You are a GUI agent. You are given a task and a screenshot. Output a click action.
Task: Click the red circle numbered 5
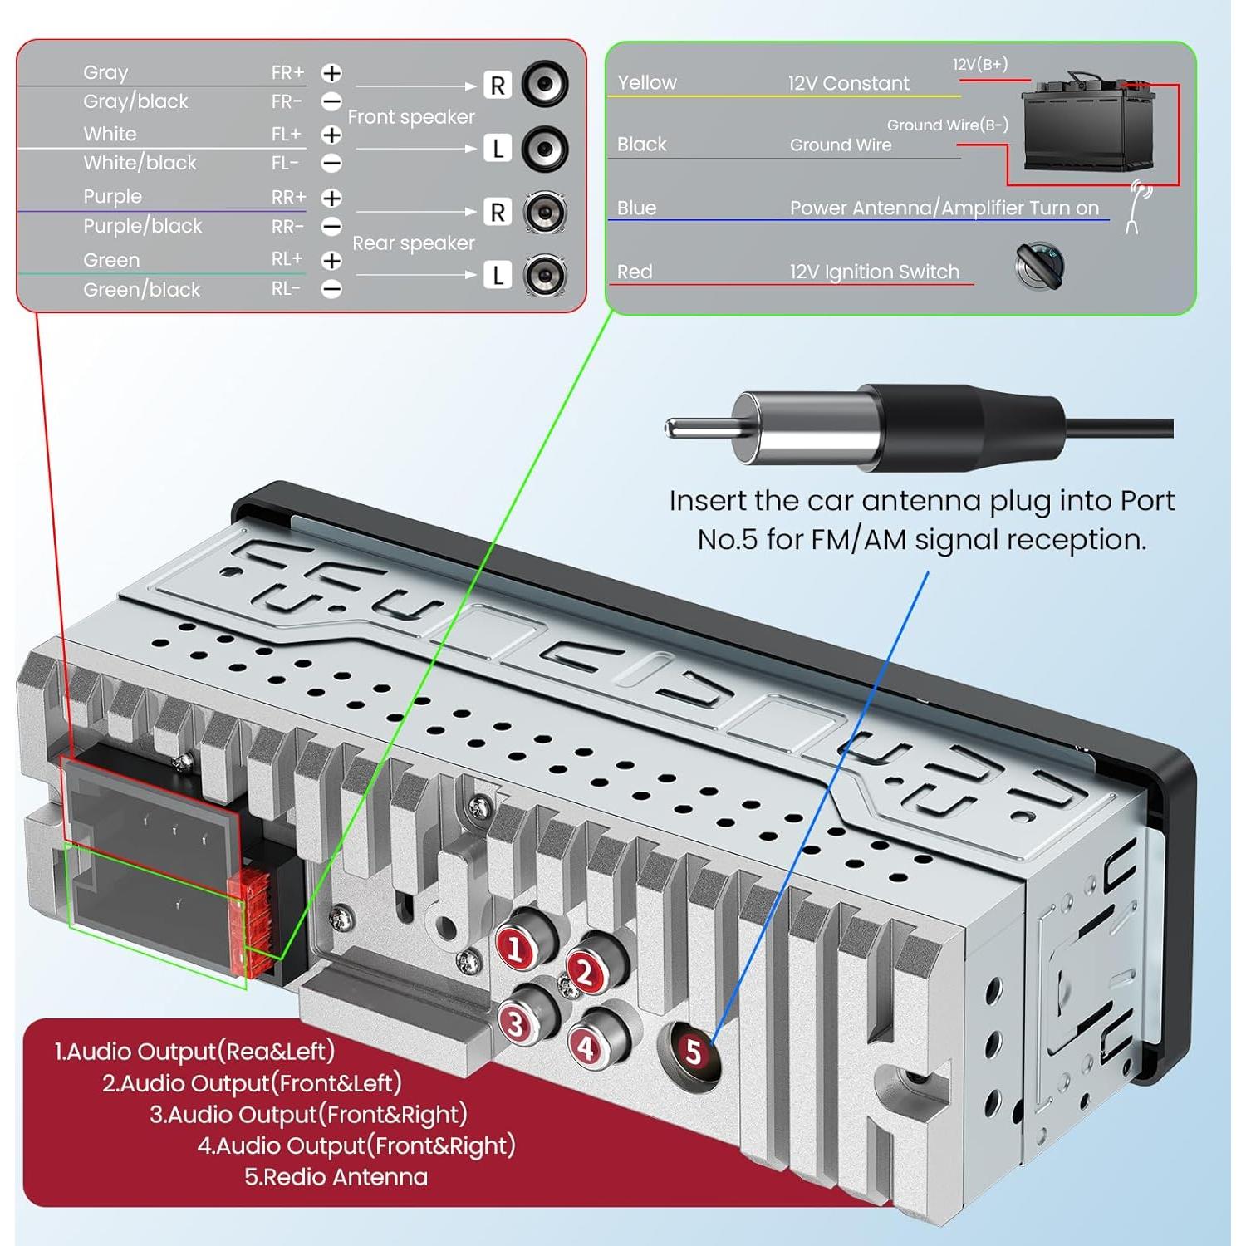click(x=694, y=1052)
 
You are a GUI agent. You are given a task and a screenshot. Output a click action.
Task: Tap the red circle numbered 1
click(x=515, y=949)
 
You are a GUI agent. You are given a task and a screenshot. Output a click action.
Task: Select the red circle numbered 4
click(x=586, y=1048)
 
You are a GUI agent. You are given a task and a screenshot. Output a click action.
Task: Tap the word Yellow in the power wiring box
click(x=647, y=83)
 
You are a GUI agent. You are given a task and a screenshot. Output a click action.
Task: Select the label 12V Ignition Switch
click(x=874, y=272)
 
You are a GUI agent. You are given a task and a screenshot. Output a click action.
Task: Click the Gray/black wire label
click(x=135, y=101)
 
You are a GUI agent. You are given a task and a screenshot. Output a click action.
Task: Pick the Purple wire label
click(x=112, y=197)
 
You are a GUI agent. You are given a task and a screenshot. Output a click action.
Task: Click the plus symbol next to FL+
click(x=331, y=135)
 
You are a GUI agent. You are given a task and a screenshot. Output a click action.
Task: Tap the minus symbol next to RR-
click(x=331, y=227)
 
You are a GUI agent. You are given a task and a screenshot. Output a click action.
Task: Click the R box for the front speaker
click(x=498, y=86)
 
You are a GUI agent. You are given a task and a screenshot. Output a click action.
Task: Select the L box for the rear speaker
click(x=498, y=275)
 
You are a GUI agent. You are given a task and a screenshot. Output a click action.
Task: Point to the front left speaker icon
click(x=545, y=149)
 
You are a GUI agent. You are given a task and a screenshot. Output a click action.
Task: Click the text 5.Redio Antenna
click(x=336, y=1177)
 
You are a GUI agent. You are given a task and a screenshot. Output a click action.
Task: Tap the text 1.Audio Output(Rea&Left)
click(x=194, y=1052)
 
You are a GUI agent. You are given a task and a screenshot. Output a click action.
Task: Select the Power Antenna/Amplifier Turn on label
click(x=944, y=208)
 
